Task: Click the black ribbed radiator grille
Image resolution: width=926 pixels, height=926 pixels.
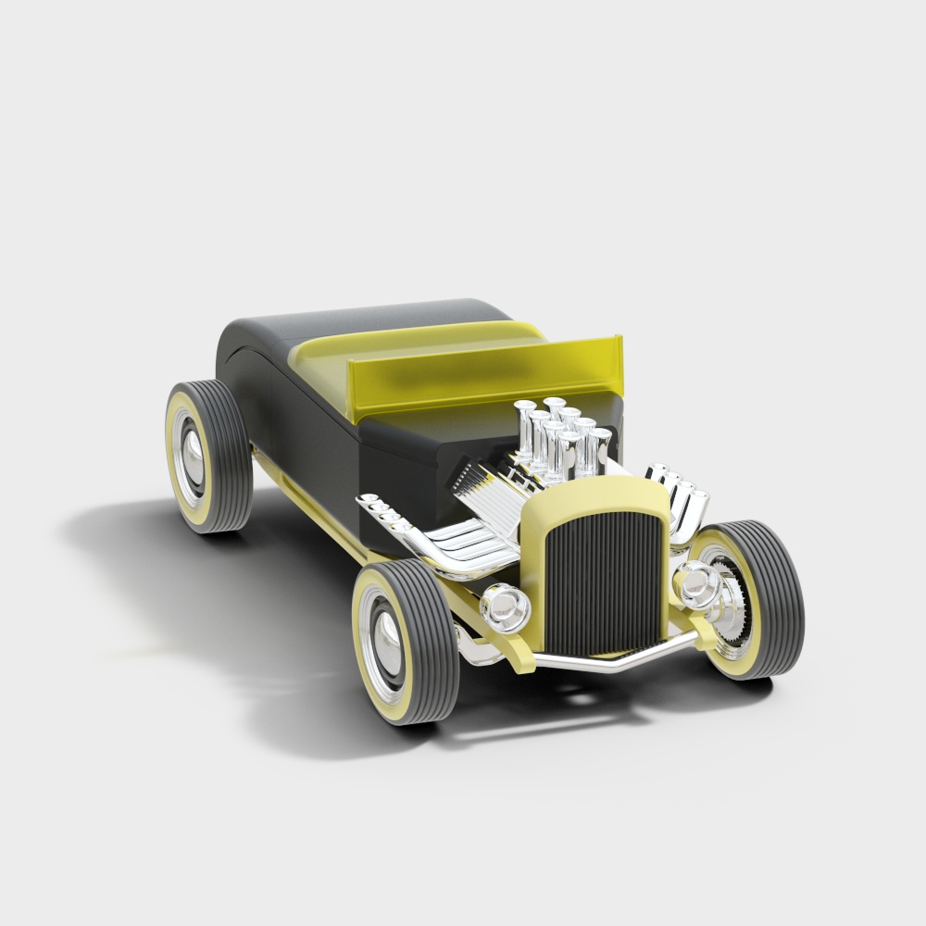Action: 600,580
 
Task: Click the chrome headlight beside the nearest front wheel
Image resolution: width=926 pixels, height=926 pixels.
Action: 506,607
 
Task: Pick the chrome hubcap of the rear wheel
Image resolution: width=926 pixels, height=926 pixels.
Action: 191,454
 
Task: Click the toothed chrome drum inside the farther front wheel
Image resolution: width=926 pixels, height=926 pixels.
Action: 732,602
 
